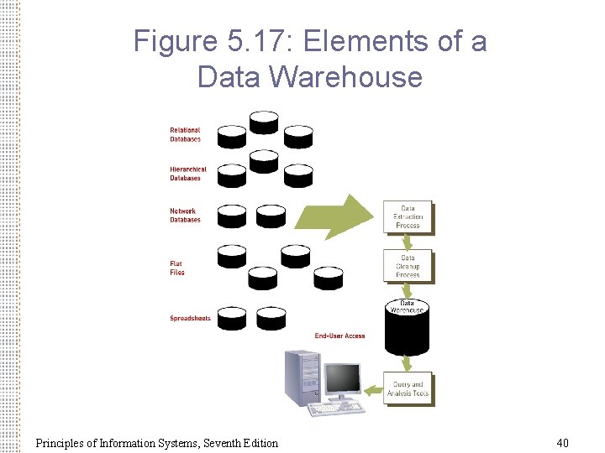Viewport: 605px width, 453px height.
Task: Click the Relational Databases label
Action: coord(185,134)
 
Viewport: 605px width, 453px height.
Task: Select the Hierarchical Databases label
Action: coord(187,174)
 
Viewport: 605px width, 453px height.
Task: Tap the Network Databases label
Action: coord(185,216)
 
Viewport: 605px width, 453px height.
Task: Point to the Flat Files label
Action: coord(176,268)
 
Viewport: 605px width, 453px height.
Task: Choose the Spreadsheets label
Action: coord(190,318)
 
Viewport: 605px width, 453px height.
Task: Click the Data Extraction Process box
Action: coord(408,217)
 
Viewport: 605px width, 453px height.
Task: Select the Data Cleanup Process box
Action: coord(408,266)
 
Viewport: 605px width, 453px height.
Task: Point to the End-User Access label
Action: coord(339,336)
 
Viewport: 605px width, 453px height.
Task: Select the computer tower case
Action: coord(302,377)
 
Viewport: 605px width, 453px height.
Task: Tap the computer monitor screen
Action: coord(343,380)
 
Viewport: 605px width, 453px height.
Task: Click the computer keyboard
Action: coord(335,409)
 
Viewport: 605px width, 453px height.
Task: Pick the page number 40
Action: coord(562,442)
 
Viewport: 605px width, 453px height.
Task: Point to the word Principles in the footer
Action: coord(60,442)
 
